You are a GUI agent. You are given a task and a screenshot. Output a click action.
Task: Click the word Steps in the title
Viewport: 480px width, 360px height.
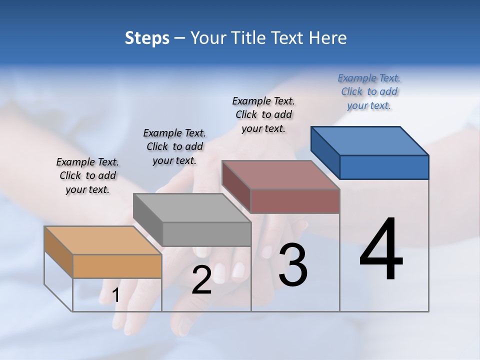click(x=147, y=38)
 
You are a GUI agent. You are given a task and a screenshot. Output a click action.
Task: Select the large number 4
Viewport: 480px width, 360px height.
click(x=381, y=249)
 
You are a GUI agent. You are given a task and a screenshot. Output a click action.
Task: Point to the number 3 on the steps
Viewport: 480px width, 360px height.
click(x=292, y=265)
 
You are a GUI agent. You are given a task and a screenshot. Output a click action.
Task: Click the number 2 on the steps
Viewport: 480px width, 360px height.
click(x=201, y=280)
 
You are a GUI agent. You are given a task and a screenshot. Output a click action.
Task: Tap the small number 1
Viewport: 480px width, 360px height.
click(x=116, y=295)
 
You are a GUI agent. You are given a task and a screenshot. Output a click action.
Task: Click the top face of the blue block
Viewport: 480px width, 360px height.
click(x=370, y=140)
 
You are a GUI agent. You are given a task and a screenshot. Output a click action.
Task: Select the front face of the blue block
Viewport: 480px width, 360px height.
click(x=384, y=167)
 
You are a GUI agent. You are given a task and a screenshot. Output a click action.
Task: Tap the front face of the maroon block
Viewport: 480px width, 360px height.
click(x=295, y=201)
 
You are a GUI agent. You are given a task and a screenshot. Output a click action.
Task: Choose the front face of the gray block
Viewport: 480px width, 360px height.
click(x=206, y=234)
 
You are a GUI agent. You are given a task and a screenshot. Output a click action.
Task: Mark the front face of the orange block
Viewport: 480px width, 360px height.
click(x=117, y=266)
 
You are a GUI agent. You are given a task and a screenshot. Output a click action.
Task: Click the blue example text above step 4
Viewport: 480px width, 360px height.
click(x=369, y=91)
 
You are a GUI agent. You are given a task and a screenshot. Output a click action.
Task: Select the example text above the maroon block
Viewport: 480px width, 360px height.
click(x=263, y=114)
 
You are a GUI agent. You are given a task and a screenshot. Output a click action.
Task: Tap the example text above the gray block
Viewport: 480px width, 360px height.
click(x=174, y=146)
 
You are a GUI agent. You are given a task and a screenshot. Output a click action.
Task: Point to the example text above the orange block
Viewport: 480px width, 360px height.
click(x=87, y=175)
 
